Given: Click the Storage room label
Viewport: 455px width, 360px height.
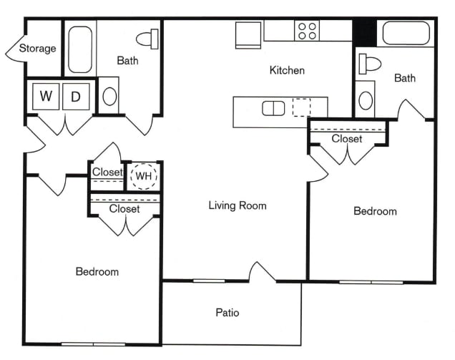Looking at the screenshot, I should click(37, 49).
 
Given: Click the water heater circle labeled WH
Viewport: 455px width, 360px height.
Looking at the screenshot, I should click(144, 175).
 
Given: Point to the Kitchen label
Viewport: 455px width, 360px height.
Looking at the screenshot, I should click(287, 70).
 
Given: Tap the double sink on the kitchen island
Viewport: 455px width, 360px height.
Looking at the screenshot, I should click(273, 108).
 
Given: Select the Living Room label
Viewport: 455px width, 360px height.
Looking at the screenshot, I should click(238, 206).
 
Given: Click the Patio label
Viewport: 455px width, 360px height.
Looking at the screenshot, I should click(227, 313).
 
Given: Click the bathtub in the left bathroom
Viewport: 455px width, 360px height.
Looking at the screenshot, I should click(80, 50).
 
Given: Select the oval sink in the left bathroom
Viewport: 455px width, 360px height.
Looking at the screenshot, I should click(109, 96).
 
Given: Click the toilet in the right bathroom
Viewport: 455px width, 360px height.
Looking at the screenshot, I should click(371, 63).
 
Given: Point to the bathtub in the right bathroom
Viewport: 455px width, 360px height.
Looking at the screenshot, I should click(406, 34).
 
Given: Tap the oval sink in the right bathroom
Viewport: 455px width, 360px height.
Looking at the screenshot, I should click(366, 99).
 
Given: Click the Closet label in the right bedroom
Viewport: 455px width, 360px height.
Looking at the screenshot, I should click(347, 139).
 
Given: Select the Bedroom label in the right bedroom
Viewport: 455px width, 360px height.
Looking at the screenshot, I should click(376, 211).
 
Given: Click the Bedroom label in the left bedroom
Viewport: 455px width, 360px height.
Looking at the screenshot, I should click(97, 272).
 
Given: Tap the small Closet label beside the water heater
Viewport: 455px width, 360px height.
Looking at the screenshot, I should click(107, 172).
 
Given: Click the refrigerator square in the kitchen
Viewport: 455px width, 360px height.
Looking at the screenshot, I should click(249, 34).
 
